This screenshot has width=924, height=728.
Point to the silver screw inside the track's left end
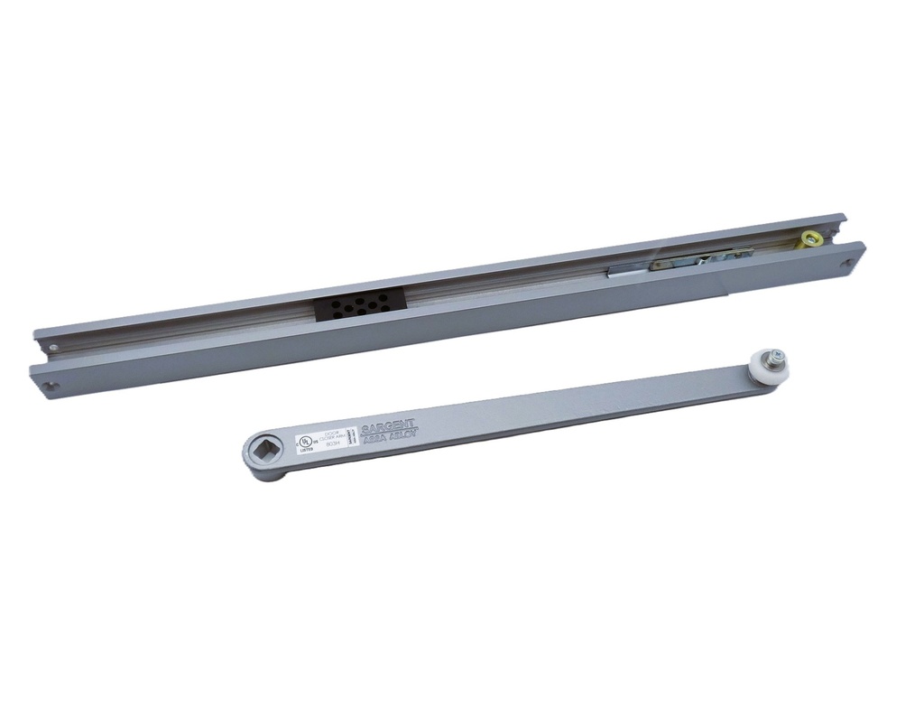tap(53, 346)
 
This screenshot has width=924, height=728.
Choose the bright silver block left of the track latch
tap(624, 268)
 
